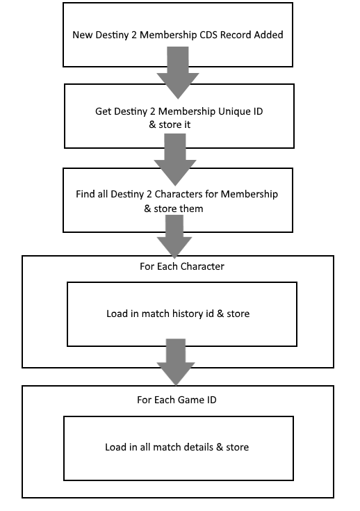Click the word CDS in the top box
(x=208, y=35)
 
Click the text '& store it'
(x=170, y=124)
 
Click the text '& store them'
(x=174, y=209)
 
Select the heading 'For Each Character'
(x=182, y=266)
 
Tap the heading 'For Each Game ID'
(x=177, y=400)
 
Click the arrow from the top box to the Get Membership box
(x=178, y=72)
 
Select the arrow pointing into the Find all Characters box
(x=175, y=160)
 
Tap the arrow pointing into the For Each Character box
(x=174, y=237)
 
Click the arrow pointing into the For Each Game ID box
(x=176, y=362)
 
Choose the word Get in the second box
(x=104, y=112)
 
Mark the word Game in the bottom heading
(x=184, y=400)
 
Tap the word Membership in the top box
(x=168, y=35)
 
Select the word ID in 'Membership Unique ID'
(x=257, y=112)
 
